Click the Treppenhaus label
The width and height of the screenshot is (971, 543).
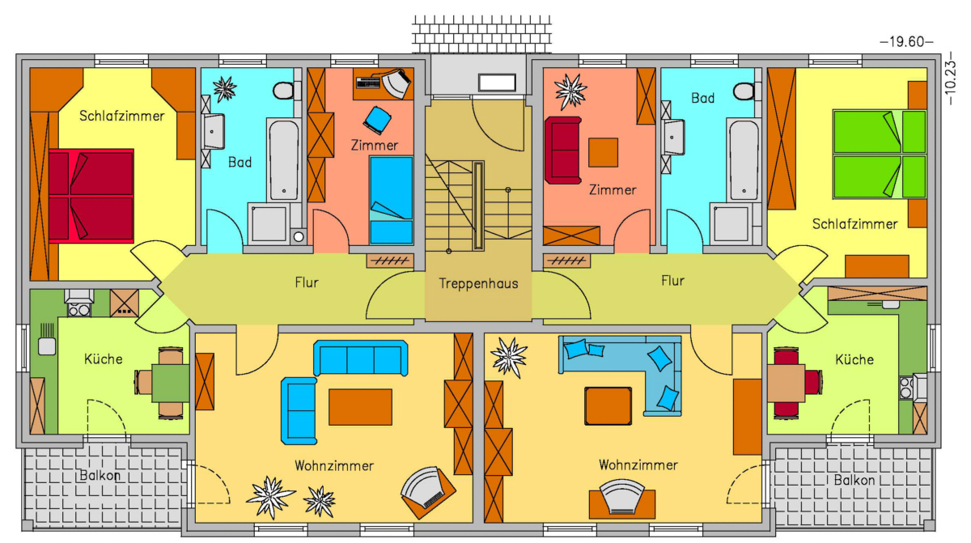[478, 283]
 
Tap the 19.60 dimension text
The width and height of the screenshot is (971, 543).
[906, 41]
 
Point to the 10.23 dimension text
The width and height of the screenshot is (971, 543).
[950, 78]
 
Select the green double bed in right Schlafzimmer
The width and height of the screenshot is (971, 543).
[880, 155]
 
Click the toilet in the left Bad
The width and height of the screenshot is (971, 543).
[285, 90]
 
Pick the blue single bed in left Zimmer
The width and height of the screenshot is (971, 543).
[391, 200]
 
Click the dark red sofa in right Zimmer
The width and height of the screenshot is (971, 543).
[563, 150]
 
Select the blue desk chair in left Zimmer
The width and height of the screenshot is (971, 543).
[377, 120]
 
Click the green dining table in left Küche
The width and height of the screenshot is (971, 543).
[171, 384]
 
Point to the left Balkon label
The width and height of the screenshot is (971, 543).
[100, 475]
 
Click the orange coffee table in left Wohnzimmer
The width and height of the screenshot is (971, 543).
[360, 407]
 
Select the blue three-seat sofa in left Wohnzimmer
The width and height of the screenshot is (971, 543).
[360, 358]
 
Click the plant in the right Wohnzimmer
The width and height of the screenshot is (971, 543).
[509, 358]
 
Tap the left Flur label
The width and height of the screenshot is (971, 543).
[307, 282]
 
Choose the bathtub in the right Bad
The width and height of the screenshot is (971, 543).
[744, 160]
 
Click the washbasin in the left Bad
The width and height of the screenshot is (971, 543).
[214, 131]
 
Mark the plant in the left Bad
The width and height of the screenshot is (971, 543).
[225, 89]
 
